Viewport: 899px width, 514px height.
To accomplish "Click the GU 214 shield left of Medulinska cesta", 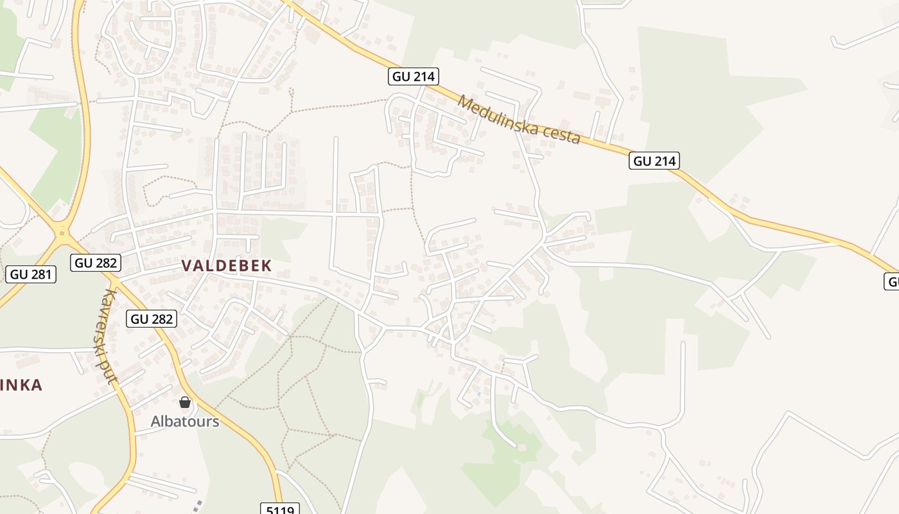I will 414,76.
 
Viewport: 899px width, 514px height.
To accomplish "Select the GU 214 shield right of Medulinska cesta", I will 654,161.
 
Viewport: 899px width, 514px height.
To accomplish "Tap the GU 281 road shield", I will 31,274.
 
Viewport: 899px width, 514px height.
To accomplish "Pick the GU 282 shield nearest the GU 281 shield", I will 95,262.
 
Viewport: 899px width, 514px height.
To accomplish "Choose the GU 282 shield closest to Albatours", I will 151,318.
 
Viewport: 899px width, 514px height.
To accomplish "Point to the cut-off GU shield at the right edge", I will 892,281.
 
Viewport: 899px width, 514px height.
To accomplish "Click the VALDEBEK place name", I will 227,265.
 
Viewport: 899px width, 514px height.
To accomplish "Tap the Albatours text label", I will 185,421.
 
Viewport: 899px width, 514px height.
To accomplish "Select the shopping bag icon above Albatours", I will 185,403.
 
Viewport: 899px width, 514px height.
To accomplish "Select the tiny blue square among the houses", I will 479,394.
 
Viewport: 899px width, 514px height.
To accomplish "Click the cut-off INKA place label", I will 21,385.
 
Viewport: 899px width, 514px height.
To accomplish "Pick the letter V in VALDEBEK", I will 187,265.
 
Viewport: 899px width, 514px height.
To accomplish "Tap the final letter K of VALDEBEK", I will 266,265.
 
